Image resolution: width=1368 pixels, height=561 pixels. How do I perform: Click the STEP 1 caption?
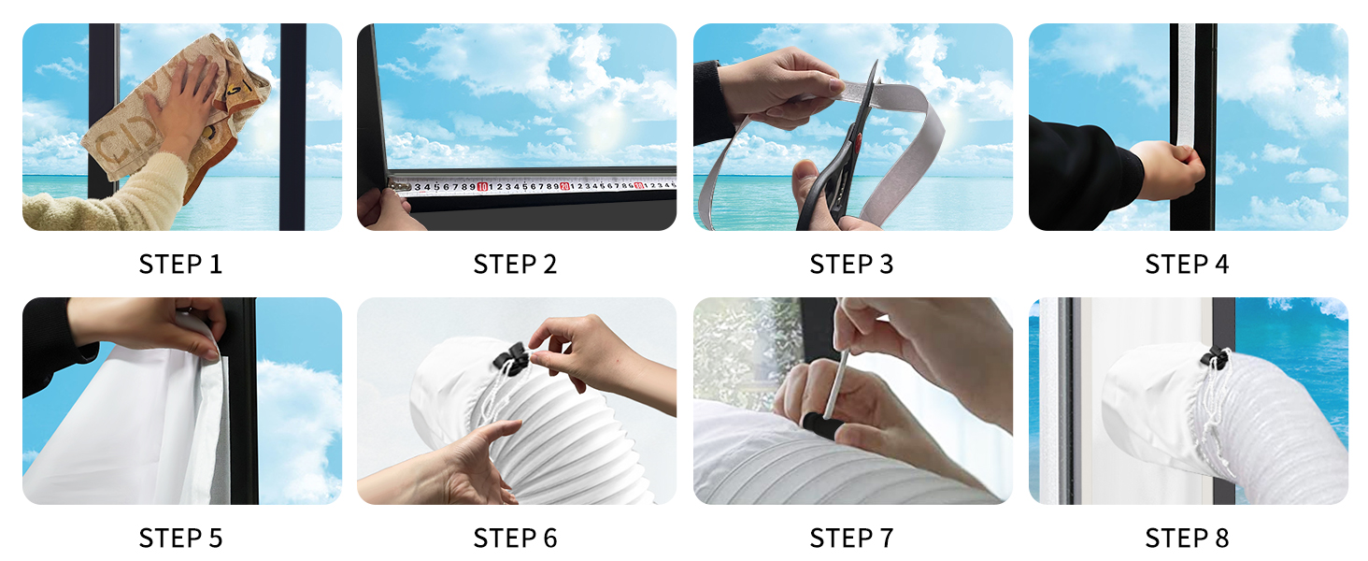pyautogui.click(x=181, y=265)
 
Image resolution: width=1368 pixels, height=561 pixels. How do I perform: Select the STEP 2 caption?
pyautogui.click(x=516, y=265)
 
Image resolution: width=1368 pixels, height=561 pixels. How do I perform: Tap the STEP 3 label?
pyautogui.click(x=852, y=265)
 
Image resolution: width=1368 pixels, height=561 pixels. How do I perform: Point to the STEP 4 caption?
pyautogui.click(x=1188, y=265)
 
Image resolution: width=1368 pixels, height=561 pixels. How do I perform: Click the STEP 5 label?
pyautogui.click(x=181, y=539)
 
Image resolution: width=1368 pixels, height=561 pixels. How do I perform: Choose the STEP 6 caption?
pyautogui.click(x=516, y=539)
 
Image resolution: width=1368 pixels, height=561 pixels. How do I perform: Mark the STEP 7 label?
pyautogui.click(x=852, y=539)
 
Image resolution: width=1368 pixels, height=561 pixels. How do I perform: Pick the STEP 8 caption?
pyautogui.click(x=1188, y=539)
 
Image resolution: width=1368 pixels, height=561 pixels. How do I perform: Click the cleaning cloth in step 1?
pyautogui.click(x=131, y=140)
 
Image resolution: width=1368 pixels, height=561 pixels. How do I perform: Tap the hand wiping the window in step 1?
pyautogui.click(x=192, y=103)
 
